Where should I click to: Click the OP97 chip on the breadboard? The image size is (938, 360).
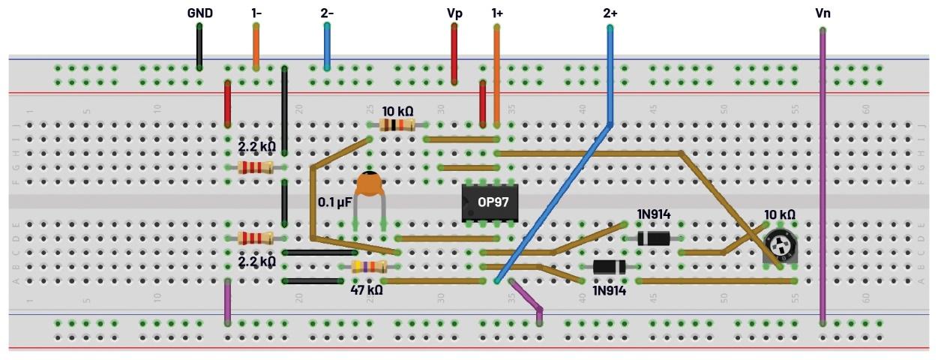(490, 202)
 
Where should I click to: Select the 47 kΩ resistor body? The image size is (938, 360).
(369, 267)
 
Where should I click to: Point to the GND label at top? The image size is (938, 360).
(199, 13)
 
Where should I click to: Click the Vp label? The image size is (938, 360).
(453, 13)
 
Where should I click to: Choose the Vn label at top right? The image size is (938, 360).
(823, 13)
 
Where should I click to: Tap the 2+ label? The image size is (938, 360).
(610, 13)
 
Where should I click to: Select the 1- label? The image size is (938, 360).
(256, 13)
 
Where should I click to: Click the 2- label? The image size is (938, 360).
(327, 13)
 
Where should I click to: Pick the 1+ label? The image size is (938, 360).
(496, 13)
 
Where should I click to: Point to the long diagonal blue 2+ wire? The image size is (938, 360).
(555, 202)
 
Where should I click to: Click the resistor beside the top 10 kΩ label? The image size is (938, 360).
(397, 124)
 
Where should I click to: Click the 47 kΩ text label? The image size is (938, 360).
(367, 289)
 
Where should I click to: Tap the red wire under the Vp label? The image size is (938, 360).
(454, 54)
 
